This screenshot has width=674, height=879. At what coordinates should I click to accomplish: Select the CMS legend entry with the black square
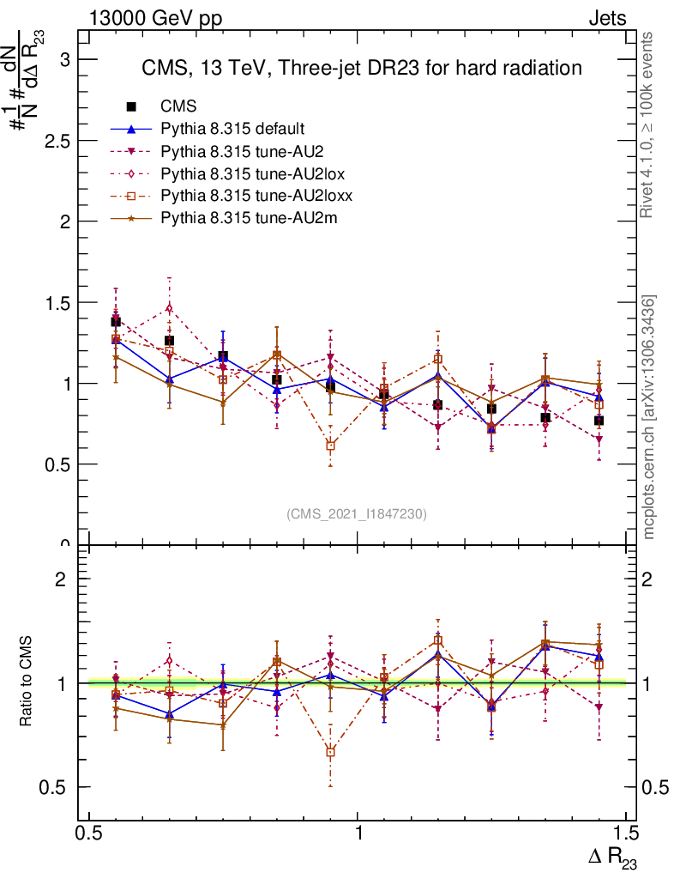tap(179, 106)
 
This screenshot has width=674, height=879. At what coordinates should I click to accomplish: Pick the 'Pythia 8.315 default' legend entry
tap(232, 129)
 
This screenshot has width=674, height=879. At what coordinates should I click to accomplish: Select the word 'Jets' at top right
tap(606, 19)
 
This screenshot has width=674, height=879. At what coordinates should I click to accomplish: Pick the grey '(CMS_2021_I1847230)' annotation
tap(357, 513)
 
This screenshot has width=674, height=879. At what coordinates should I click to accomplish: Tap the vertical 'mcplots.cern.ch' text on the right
tap(650, 417)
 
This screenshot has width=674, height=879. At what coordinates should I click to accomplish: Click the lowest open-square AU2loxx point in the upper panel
tap(331, 446)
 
